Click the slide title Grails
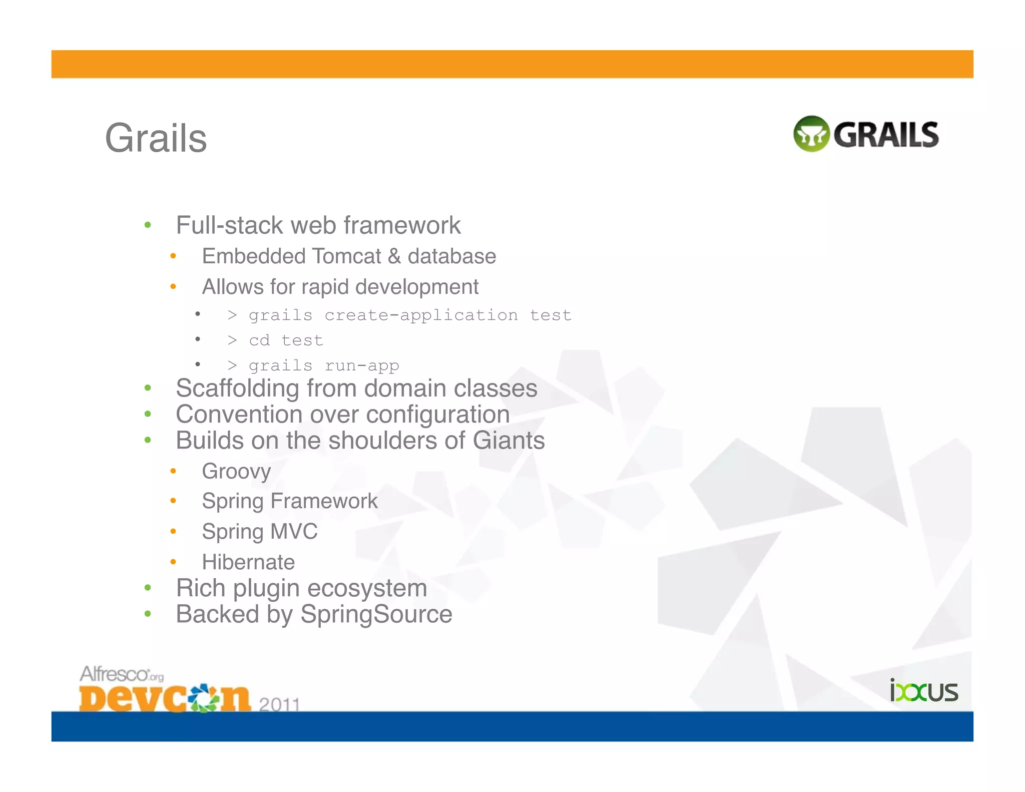[x=156, y=138]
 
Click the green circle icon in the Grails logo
[x=811, y=134]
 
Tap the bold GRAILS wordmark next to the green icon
[x=886, y=135]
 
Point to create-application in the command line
[x=421, y=315]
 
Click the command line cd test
[x=286, y=340]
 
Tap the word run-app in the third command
[x=362, y=366]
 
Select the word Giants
[x=508, y=441]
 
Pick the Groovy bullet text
[x=236, y=471]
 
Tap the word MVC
[x=294, y=531]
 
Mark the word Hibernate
[x=248, y=562]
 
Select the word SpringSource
[x=376, y=614]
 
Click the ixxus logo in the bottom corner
[x=923, y=691]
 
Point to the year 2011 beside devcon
[x=279, y=704]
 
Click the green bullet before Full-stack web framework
[x=148, y=225]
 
